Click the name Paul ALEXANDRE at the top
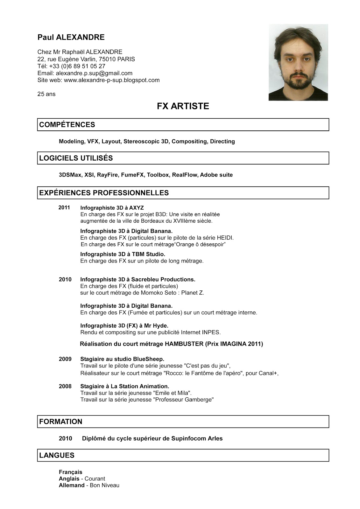coord(71,37)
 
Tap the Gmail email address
coord(94,73)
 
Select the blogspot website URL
coord(112,80)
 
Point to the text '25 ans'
coord(46,94)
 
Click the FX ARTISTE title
coord(183,106)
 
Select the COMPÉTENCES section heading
coord(67,125)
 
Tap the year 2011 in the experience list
coord(64,207)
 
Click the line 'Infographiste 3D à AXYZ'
coord(112,208)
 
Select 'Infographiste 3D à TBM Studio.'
coord(123,254)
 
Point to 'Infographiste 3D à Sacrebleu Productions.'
coord(138,279)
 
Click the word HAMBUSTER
coord(184,344)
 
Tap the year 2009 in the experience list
coord(65,359)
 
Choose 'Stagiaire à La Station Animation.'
coord(124,386)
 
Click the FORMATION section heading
coord(61,422)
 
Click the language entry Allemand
coord(72,485)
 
